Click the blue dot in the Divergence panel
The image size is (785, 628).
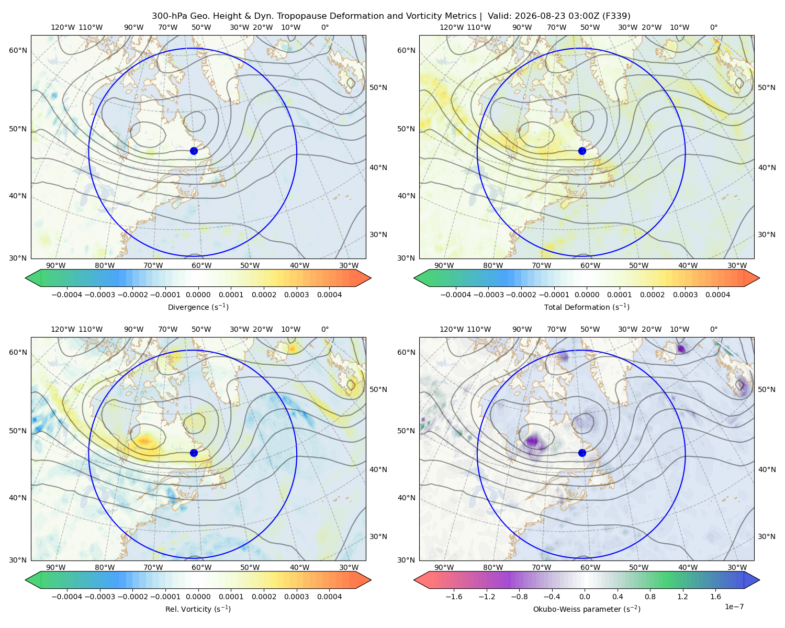[x=194, y=151]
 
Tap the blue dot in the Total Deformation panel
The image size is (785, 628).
[x=582, y=151]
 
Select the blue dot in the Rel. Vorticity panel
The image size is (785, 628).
[x=194, y=453]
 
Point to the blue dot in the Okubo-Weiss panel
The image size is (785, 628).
[x=582, y=453]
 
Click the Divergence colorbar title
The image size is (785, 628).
[x=198, y=307]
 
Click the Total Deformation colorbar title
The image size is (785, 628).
[x=587, y=307]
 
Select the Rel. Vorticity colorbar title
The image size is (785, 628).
[x=198, y=609]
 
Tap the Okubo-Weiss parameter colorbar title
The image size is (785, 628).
[x=587, y=609]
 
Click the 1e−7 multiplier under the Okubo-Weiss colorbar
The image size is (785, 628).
[x=734, y=607]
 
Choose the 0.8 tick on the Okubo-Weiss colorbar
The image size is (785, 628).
[x=650, y=597]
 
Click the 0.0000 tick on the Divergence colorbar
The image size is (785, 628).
[x=198, y=295]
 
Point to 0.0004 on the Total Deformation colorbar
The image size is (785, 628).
[x=717, y=295]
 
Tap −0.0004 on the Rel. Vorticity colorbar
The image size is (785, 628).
[x=67, y=597]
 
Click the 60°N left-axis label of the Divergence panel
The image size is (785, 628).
[x=18, y=50]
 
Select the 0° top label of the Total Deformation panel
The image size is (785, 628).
[x=713, y=27]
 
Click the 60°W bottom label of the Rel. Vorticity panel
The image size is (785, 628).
[x=201, y=567]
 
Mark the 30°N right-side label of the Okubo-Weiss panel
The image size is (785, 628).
[x=766, y=536]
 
